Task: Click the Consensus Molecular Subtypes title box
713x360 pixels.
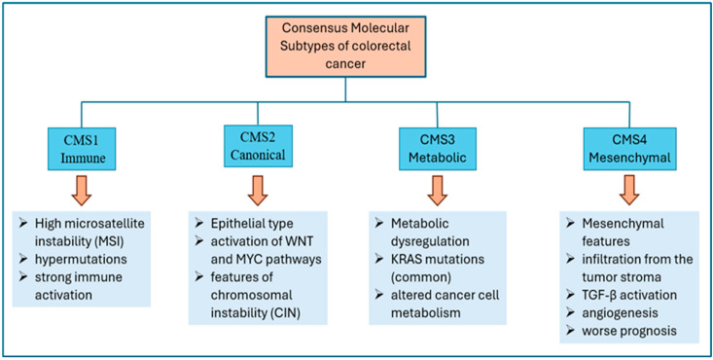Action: (x=345, y=47)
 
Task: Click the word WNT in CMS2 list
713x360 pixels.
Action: (x=297, y=241)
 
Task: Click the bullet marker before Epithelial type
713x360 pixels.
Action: (x=199, y=224)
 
